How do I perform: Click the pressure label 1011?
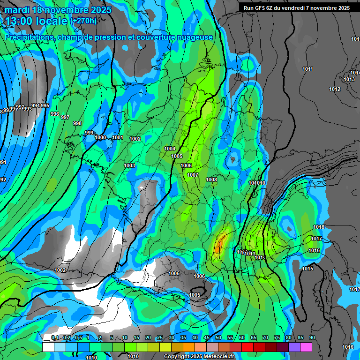[x=307, y=69]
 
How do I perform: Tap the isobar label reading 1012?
[x=335, y=89]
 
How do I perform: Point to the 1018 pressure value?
[x=319, y=227]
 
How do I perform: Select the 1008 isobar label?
[x=211, y=180]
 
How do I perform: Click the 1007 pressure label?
[x=193, y=175]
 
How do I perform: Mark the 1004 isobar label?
[x=170, y=149]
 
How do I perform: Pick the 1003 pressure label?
[x=129, y=165]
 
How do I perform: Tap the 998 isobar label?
[x=77, y=123]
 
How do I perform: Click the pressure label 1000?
[x=100, y=137]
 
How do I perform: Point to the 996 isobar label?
[x=54, y=114]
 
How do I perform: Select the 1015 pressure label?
[x=307, y=269]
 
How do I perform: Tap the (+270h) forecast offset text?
[x=84, y=21]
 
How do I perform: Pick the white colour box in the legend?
[x=48, y=347]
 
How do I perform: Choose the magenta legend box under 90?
[x=306, y=347]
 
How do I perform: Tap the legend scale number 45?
[x=207, y=338]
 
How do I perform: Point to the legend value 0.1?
[x=55, y=338]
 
